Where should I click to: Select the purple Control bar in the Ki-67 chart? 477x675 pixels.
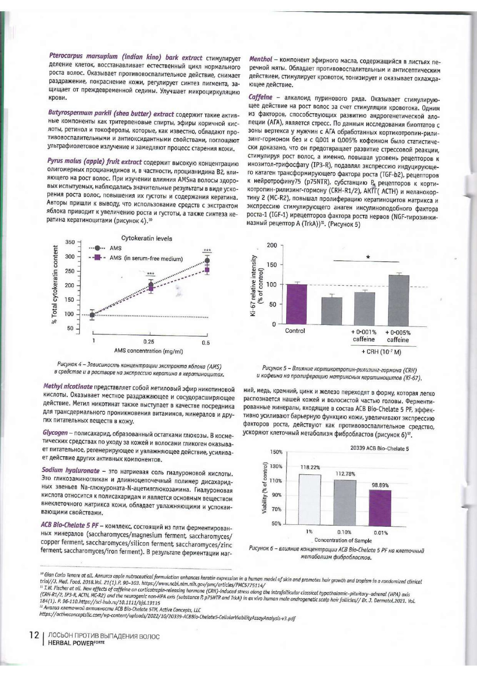tap(296, 304)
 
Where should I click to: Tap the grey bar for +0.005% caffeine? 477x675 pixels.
tap(398, 300)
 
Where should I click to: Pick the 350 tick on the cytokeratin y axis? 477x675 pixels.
tap(70, 242)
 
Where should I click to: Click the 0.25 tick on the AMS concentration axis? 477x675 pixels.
tap(149, 342)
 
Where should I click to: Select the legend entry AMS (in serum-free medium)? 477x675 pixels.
tap(146, 259)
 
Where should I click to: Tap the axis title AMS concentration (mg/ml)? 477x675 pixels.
tap(148, 351)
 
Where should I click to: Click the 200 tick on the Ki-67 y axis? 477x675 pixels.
tap(272, 245)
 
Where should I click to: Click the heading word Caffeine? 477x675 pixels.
tap(260, 97)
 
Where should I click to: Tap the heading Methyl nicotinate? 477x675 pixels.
tap(68, 386)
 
